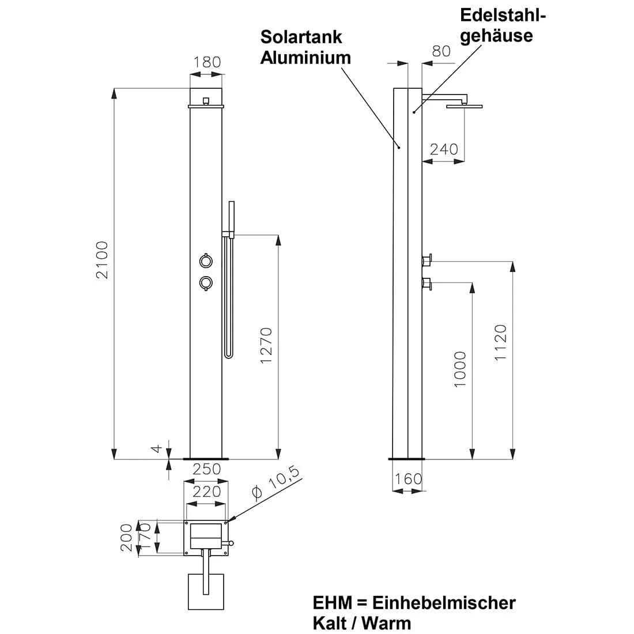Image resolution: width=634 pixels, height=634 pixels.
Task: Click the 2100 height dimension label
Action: (103, 260)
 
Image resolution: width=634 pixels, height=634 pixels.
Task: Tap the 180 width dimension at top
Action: (207, 62)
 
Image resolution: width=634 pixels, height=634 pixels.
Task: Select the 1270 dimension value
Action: (266, 345)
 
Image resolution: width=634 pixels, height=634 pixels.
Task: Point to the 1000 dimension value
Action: (459, 369)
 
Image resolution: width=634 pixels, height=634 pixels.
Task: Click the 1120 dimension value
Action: (500, 343)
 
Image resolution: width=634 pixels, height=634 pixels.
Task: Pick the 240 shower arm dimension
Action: (444, 149)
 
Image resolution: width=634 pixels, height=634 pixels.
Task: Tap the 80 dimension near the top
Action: (441, 51)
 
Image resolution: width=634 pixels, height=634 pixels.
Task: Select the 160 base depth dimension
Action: (409, 479)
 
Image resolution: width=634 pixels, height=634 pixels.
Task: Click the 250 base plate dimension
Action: (207, 469)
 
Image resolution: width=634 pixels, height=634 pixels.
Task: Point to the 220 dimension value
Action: (207, 491)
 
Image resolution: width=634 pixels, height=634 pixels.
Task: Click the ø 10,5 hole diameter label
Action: (276, 483)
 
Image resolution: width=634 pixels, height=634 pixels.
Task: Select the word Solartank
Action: (301, 37)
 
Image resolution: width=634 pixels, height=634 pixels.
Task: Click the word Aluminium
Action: (305, 58)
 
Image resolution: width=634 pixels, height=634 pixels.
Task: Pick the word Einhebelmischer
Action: (444, 603)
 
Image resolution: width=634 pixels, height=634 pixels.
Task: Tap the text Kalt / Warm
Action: (362, 623)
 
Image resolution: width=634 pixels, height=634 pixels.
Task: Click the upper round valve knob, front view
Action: (205, 261)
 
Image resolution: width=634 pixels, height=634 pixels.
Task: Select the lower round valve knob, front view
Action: (205, 282)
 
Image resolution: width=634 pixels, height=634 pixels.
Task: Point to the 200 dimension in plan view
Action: (127, 537)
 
